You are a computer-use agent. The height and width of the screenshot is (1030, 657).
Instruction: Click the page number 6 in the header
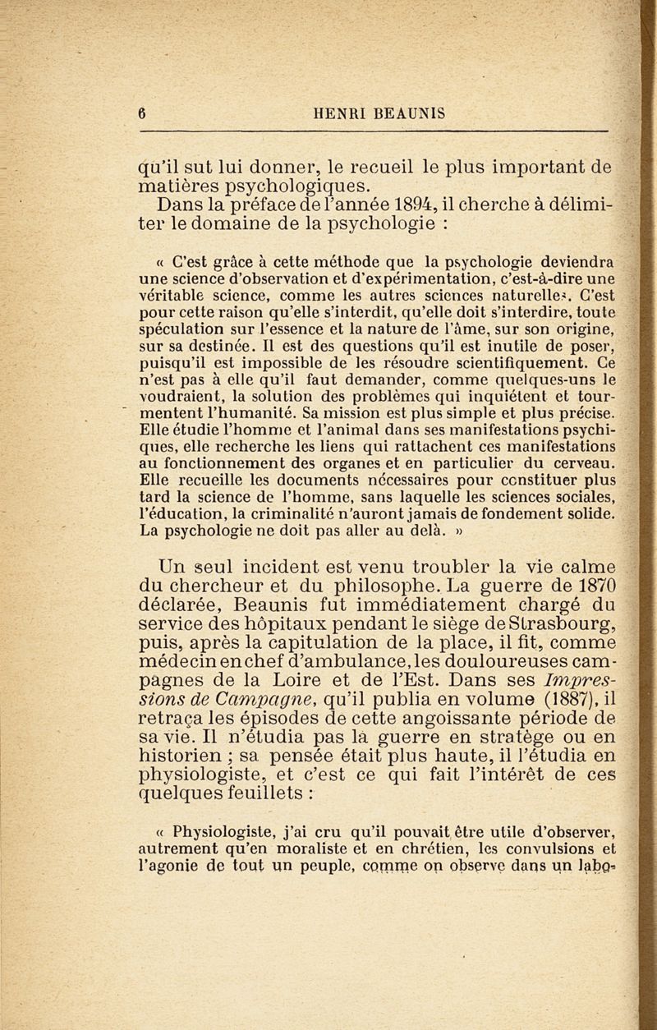click(x=141, y=115)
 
